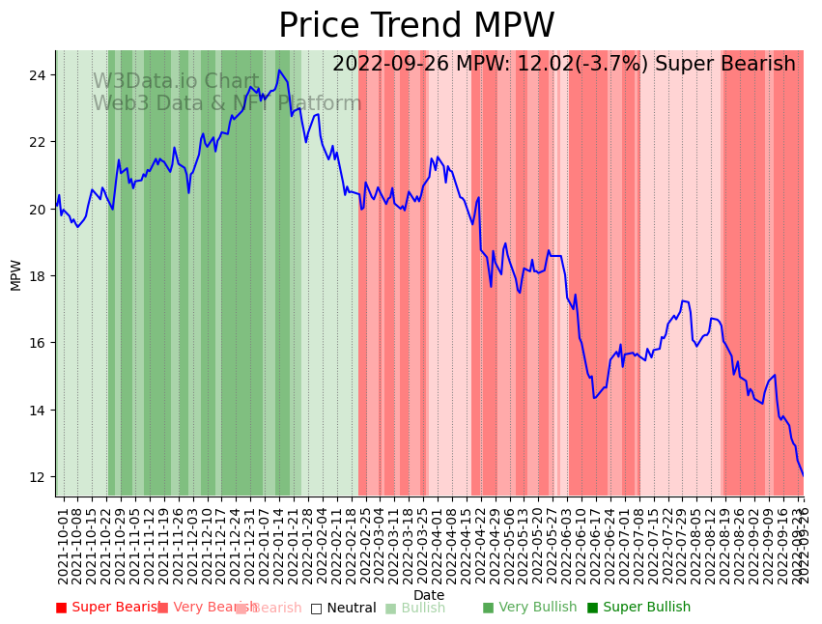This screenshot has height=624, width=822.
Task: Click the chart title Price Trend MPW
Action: (416, 26)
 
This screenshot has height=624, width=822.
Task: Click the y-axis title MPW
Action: (16, 274)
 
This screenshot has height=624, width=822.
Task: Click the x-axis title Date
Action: (429, 596)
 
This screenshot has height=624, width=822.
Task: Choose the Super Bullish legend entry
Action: (638, 608)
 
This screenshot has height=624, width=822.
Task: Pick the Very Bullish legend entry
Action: (529, 608)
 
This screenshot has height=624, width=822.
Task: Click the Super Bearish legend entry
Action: (108, 608)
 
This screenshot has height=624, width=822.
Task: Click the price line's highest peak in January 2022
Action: (279, 71)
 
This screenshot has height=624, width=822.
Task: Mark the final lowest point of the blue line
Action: (803, 475)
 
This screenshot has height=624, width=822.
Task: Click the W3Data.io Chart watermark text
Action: (176, 82)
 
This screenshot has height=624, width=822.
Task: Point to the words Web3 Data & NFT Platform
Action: (227, 103)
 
